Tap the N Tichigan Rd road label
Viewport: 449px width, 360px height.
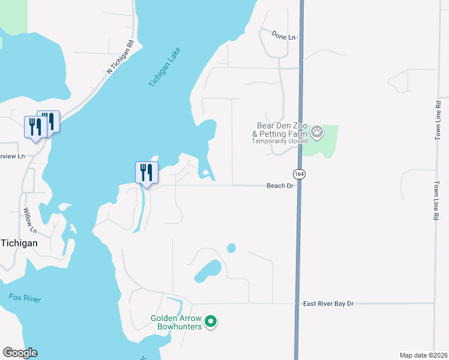pos(119,57)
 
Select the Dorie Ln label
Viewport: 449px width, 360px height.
pos(283,37)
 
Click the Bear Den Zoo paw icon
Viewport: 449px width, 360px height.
pos(316,131)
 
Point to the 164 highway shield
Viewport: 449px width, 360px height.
pos(298,173)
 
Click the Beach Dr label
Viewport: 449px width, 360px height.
pos(279,186)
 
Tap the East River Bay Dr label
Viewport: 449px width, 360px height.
pos(328,304)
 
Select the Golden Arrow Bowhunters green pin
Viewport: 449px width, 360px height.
pos(210,322)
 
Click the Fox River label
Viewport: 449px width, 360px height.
pos(25,298)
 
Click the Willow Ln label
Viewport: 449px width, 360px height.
pos(30,220)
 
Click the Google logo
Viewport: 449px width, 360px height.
pos(20,353)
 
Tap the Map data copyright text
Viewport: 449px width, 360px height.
pos(423,355)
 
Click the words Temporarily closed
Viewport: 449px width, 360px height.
pos(279,141)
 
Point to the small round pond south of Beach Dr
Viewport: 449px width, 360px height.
pos(231,248)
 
